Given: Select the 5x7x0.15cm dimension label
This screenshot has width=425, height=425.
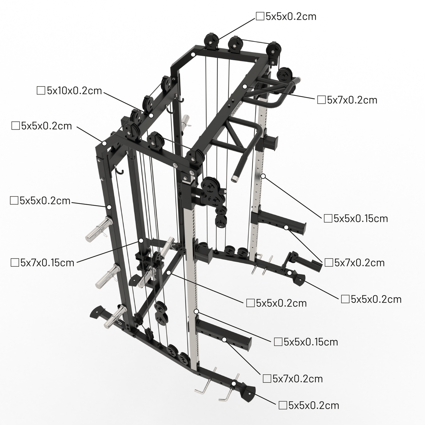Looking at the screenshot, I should (x=47, y=262).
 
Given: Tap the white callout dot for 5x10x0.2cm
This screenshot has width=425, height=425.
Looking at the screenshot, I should (x=151, y=115).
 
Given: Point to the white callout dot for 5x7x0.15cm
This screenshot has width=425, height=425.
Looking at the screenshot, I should (x=141, y=241).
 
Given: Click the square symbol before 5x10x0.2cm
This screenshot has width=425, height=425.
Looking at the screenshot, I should (x=41, y=91).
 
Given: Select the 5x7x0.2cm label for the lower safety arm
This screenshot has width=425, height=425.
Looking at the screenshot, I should (x=298, y=379).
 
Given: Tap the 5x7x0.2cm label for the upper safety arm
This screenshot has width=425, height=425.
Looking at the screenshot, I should (x=359, y=262).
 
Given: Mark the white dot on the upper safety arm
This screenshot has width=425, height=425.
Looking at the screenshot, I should (x=286, y=227).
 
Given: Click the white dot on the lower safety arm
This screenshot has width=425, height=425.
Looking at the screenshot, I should (x=224, y=340).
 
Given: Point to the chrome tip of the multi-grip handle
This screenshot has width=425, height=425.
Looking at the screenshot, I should (x=235, y=179).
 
